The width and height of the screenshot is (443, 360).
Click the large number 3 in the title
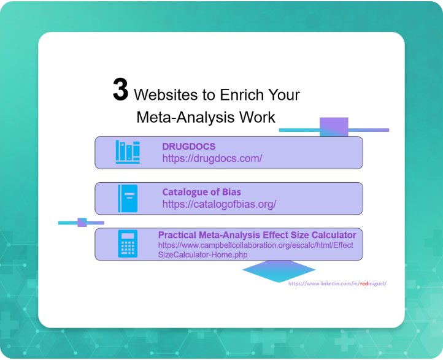(120, 90)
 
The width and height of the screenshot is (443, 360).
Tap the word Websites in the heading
(166, 95)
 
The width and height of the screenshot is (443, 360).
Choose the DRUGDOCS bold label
(189, 146)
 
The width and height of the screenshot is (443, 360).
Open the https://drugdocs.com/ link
(212, 158)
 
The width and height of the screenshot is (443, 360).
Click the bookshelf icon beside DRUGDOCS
(128, 152)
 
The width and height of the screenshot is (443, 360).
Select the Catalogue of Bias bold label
(201, 192)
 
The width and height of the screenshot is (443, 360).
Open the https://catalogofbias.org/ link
(219, 204)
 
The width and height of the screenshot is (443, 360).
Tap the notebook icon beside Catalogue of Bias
(128, 198)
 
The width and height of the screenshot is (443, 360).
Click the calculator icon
(128, 243)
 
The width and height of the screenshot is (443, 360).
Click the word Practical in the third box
(177, 235)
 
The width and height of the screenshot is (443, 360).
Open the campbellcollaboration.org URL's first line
(256, 245)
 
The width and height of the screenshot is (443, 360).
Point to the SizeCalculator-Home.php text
(202, 255)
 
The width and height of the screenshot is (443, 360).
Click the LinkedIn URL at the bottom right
(337, 283)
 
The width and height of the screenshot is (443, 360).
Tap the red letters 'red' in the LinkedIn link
(364, 283)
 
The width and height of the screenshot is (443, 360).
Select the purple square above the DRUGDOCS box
(334, 127)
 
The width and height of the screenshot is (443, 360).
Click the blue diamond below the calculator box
(279, 271)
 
